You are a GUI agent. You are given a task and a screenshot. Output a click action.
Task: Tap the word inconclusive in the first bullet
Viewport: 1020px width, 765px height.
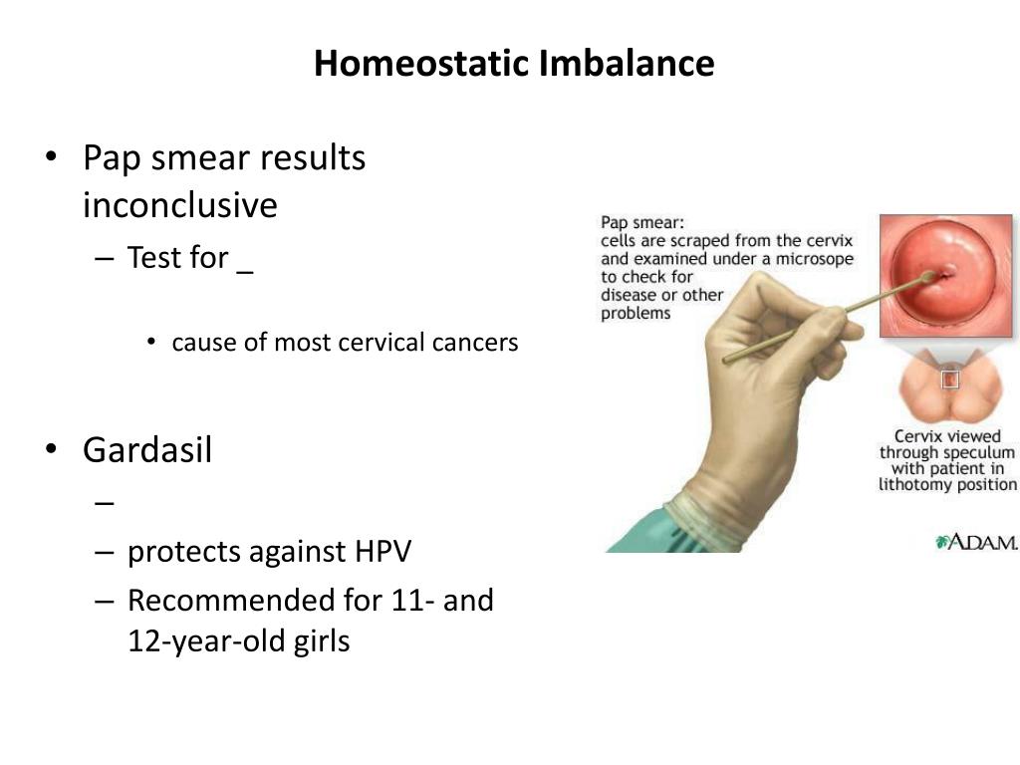click(180, 205)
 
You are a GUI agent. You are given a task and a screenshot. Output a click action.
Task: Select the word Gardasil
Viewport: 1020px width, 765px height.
click(147, 449)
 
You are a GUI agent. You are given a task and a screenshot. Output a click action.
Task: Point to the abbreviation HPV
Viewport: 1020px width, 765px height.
click(383, 552)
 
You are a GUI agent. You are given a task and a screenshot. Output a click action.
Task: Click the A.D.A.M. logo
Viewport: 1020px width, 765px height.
click(976, 542)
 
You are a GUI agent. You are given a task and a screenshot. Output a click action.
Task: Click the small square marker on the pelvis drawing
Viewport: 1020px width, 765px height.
click(950, 380)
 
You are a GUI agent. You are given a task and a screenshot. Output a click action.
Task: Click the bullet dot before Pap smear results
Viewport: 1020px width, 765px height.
click(52, 157)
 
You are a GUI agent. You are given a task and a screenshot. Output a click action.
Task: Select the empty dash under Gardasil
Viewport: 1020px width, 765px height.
click(104, 503)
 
